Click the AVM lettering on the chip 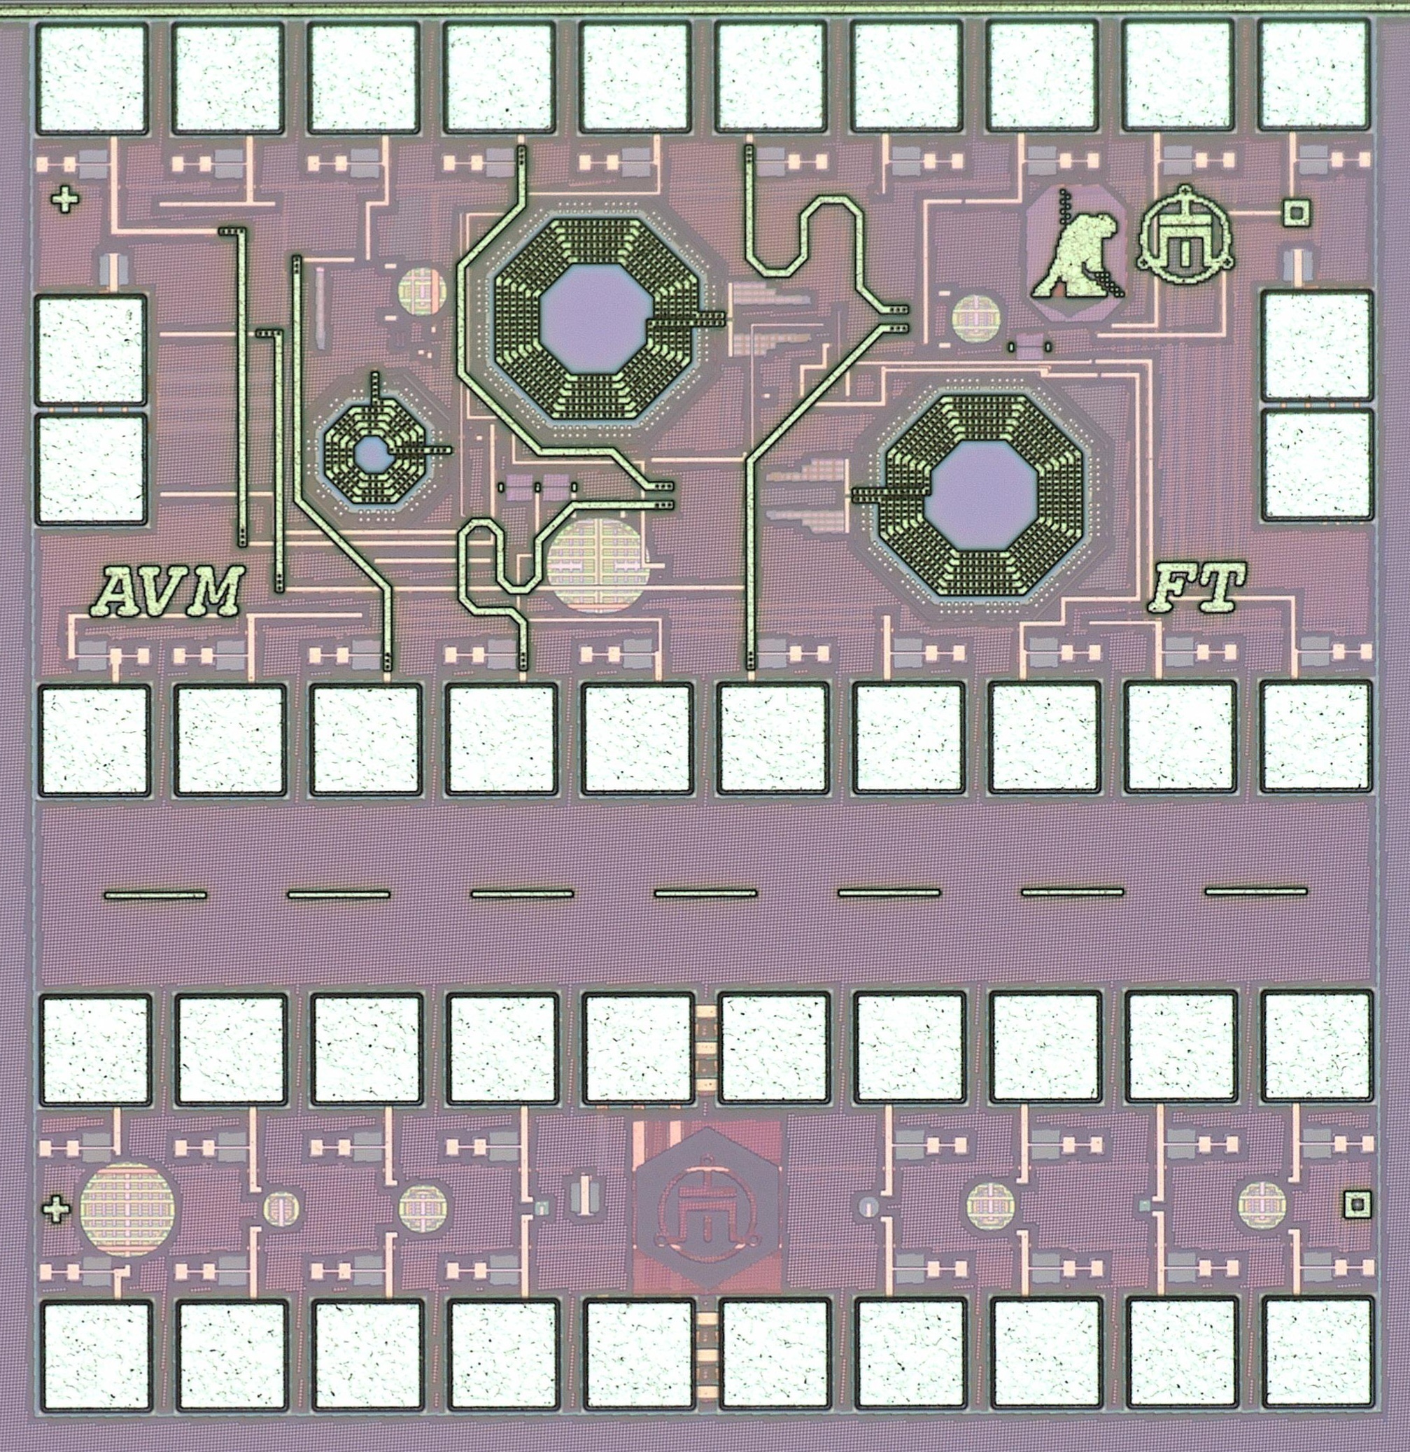[168, 590]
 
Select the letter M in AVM [212, 590]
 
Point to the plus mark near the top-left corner [66, 200]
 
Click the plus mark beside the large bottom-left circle [56, 1210]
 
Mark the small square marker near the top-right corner [1296, 213]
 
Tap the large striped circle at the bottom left [127, 1210]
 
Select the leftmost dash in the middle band [155, 895]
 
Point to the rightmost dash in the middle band [1256, 891]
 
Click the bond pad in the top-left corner [92, 78]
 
